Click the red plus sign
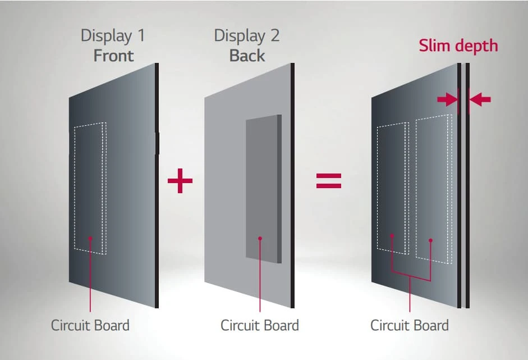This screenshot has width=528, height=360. [180, 181]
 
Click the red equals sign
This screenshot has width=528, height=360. [329, 181]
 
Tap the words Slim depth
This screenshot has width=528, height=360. [458, 46]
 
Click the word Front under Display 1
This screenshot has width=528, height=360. [113, 56]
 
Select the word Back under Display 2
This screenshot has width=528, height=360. [247, 56]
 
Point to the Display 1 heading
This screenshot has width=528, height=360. [113, 36]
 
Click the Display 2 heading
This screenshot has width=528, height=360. [247, 36]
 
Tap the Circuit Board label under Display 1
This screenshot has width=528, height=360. [90, 325]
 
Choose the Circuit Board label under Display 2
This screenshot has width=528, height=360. [260, 325]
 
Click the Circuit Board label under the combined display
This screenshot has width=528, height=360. [410, 325]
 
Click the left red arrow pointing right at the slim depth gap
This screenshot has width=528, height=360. [447, 99]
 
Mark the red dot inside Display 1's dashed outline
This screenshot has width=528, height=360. [90, 238]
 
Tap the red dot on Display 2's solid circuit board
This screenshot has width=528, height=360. [260, 238]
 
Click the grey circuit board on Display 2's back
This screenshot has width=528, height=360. [263, 189]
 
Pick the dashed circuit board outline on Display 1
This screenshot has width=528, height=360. [75, 189]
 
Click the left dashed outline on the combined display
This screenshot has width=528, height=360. [378, 189]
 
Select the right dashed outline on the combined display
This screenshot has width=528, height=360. [416, 189]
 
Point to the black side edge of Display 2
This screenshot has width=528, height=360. [293, 185]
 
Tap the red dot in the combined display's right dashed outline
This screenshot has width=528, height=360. [430, 240]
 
